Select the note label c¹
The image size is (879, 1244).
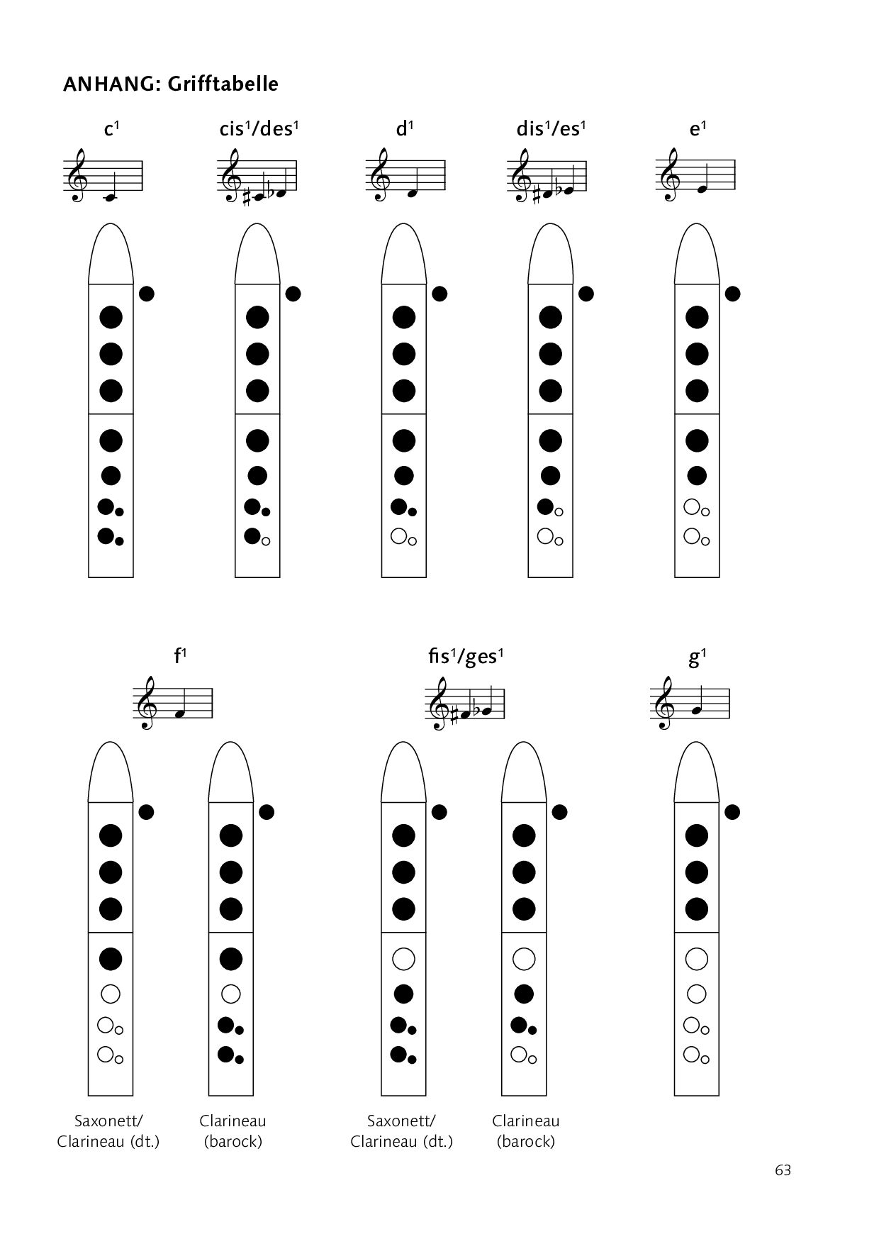(111, 129)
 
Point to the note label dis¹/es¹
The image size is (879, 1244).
(552, 129)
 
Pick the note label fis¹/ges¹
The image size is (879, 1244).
(465, 657)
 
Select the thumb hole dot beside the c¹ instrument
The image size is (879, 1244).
(147, 294)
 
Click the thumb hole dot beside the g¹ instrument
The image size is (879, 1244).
(733, 811)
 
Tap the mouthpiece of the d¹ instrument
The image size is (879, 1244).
(403, 254)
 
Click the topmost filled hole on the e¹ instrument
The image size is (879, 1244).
(697, 317)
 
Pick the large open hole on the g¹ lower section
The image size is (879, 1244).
(697, 959)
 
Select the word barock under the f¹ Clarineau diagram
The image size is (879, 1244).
(233, 1142)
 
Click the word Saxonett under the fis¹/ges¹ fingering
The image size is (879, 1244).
(401, 1121)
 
